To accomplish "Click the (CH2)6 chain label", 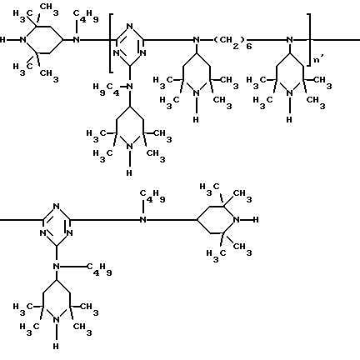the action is pos(232,42).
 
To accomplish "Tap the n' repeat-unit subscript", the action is pos(318,59).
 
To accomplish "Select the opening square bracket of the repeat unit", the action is pos(111,42).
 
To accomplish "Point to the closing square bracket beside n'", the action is pos(309,40).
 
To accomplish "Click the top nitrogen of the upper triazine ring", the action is pos(129,27).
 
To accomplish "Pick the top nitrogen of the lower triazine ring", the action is pos(57,207).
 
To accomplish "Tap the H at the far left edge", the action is pos(2,40).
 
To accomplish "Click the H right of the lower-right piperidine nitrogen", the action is pos(256,220).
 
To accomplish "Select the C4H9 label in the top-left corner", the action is pos(86,16).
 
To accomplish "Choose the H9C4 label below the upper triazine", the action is pos(107,89).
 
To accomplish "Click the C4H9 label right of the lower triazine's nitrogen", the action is pos(99,269).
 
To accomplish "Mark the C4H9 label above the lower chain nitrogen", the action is pos(152,196).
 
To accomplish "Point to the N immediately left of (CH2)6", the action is pos(196,40).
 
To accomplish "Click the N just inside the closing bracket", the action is pos(289,40).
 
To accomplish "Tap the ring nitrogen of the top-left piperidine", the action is pos(23,40).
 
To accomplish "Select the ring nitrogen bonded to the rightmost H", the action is pos(237,220).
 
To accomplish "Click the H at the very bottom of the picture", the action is pos(56,346).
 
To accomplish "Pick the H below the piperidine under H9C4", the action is pos(129,172).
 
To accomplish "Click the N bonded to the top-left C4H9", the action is pos(77,40).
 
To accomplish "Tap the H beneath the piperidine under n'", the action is pos(289,119).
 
